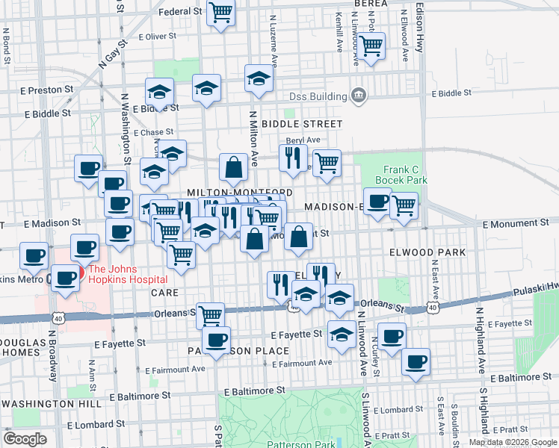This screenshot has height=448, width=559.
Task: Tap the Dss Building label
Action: (x=318, y=96)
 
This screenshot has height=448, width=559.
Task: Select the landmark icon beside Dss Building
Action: (x=359, y=96)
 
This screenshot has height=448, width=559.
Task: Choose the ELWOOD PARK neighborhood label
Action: (x=427, y=252)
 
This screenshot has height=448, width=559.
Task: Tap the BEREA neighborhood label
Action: (x=371, y=4)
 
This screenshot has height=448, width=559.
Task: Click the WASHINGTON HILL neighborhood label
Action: (x=52, y=403)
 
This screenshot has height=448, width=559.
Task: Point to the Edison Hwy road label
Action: (x=419, y=26)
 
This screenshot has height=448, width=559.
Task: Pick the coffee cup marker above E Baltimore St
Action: (x=416, y=362)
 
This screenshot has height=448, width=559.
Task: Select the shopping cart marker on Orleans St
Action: (x=211, y=314)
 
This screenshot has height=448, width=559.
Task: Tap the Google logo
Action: (x=25, y=439)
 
